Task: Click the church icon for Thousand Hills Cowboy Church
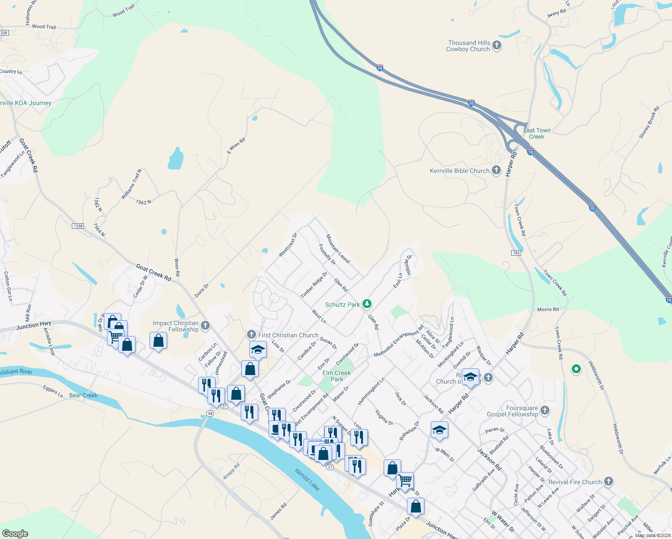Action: (x=496, y=45)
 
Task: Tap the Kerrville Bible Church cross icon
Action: (x=496, y=170)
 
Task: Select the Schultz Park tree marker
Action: (x=367, y=304)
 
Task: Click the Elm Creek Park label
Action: (x=336, y=376)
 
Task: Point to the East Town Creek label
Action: (x=537, y=133)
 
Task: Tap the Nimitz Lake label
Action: (x=307, y=480)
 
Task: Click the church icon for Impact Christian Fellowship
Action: (x=205, y=325)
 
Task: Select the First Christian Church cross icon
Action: (x=252, y=335)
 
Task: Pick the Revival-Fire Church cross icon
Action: (x=609, y=482)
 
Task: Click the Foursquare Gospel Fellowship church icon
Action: (x=545, y=410)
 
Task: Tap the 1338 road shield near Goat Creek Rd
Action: (x=78, y=225)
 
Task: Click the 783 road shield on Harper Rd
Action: (x=516, y=253)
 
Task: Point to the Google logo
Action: (x=15, y=534)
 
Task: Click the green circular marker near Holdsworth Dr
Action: (x=576, y=369)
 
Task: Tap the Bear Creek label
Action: (x=84, y=395)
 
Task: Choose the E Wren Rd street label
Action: (x=236, y=146)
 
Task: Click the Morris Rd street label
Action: (x=548, y=309)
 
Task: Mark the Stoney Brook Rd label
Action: (x=650, y=122)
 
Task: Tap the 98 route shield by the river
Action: (x=210, y=413)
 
